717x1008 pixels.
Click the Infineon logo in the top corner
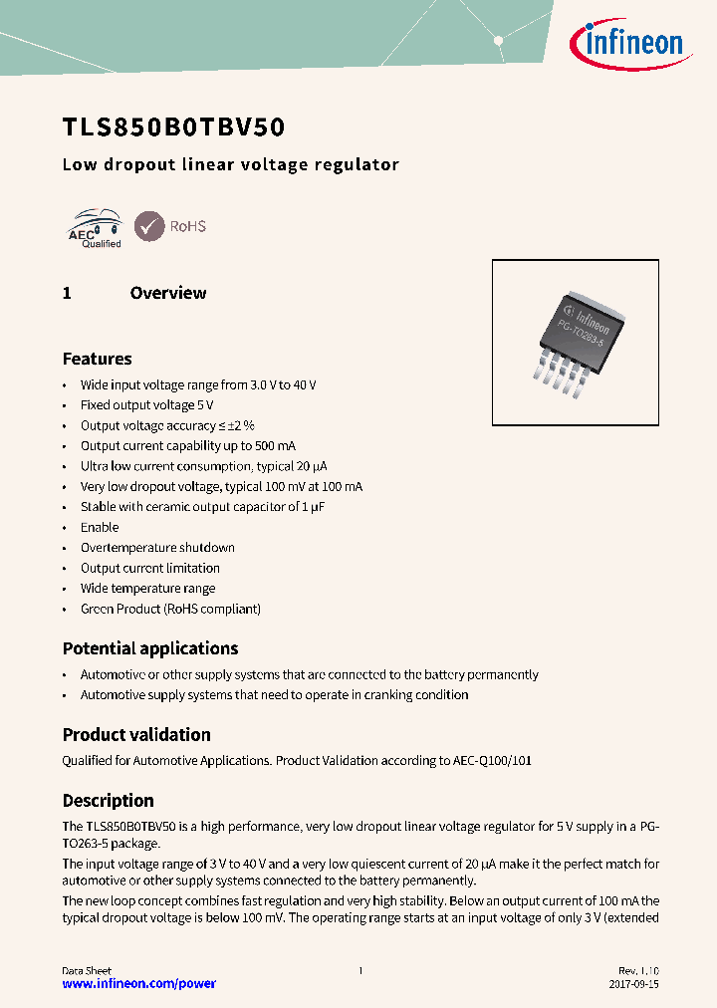pos(625,42)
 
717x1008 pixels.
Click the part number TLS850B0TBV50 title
pos(174,127)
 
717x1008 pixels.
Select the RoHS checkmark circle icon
pos(149,226)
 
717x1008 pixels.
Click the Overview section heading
pos(167,293)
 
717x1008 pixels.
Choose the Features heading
pos(97,359)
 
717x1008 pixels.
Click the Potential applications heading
pos(150,648)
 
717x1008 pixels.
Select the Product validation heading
pos(136,735)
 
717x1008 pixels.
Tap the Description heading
pos(108,801)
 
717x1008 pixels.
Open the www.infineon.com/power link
pos(138,984)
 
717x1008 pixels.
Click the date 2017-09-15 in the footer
pos(633,984)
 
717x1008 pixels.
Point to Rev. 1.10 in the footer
pos(638,970)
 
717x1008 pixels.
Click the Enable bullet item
pos(100,527)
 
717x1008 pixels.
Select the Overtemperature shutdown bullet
pos(157,548)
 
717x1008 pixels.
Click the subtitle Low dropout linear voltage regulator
pos(230,165)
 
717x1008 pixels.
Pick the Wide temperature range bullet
pos(147,589)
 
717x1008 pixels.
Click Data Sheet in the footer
pos(87,970)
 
